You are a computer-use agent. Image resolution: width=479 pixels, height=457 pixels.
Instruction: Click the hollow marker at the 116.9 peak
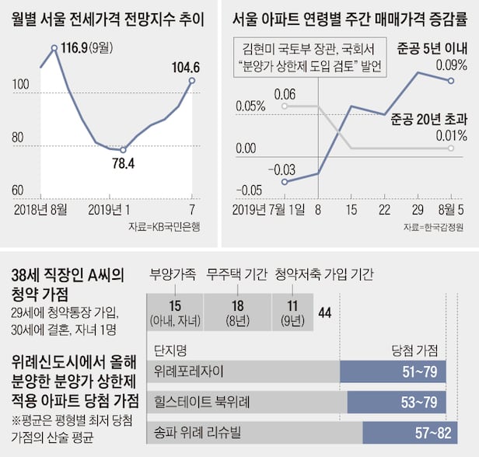(54, 48)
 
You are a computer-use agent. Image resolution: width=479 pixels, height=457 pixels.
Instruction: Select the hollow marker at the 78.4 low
(122, 150)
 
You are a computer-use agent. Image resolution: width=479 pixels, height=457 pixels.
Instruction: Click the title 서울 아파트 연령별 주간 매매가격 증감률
(348, 17)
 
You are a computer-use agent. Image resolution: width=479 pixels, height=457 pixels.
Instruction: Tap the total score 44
(325, 312)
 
